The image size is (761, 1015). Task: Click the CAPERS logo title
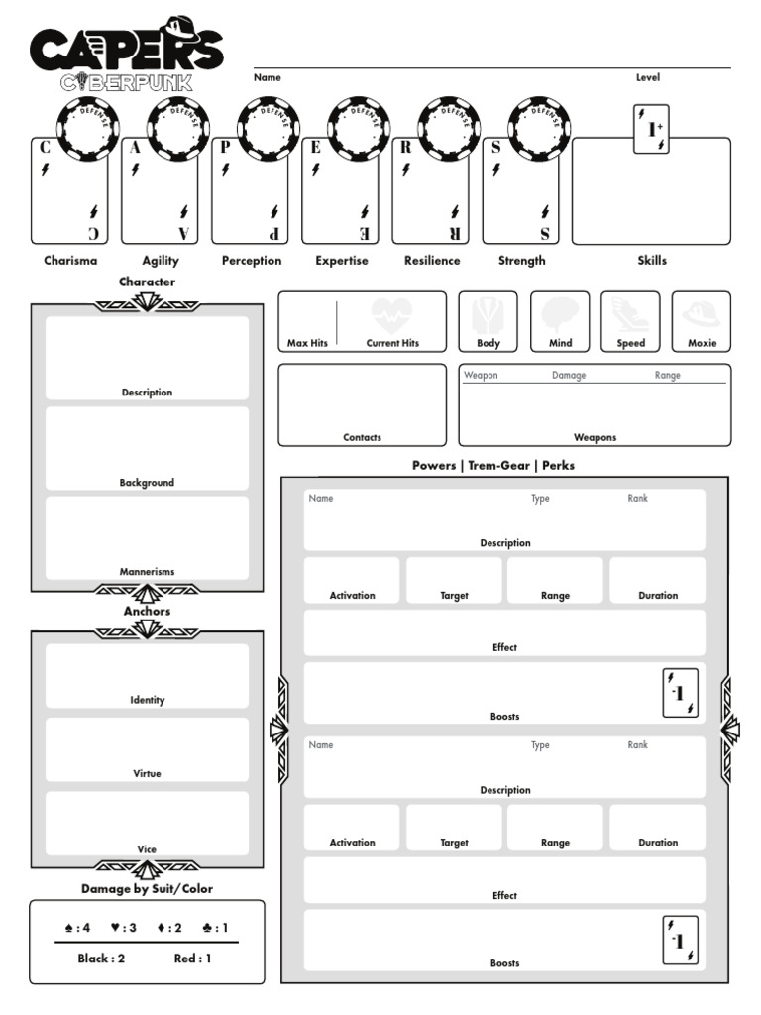(x=126, y=47)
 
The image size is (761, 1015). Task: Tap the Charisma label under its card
(x=70, y=261)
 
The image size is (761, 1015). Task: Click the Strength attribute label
(x=522, y=261)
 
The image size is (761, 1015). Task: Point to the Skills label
(x=652, y=261)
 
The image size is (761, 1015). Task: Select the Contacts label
(x=362, y=437)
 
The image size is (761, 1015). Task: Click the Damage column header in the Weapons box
(x=569, y=376)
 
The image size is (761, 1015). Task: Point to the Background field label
(x=147, y=483)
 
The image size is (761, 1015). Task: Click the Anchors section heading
(x=147, y=612)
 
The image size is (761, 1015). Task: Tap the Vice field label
(x=147, y=849)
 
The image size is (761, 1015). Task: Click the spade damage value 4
(x=78, y=928)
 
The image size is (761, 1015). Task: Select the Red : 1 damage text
(x=192, y=959)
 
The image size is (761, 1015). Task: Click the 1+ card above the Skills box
(x=651, y=129)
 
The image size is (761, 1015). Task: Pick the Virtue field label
(x=147, y=773)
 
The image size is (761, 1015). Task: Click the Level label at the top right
(x=648, y=77)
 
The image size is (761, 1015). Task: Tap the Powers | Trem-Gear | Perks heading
(x=493, y=465)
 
